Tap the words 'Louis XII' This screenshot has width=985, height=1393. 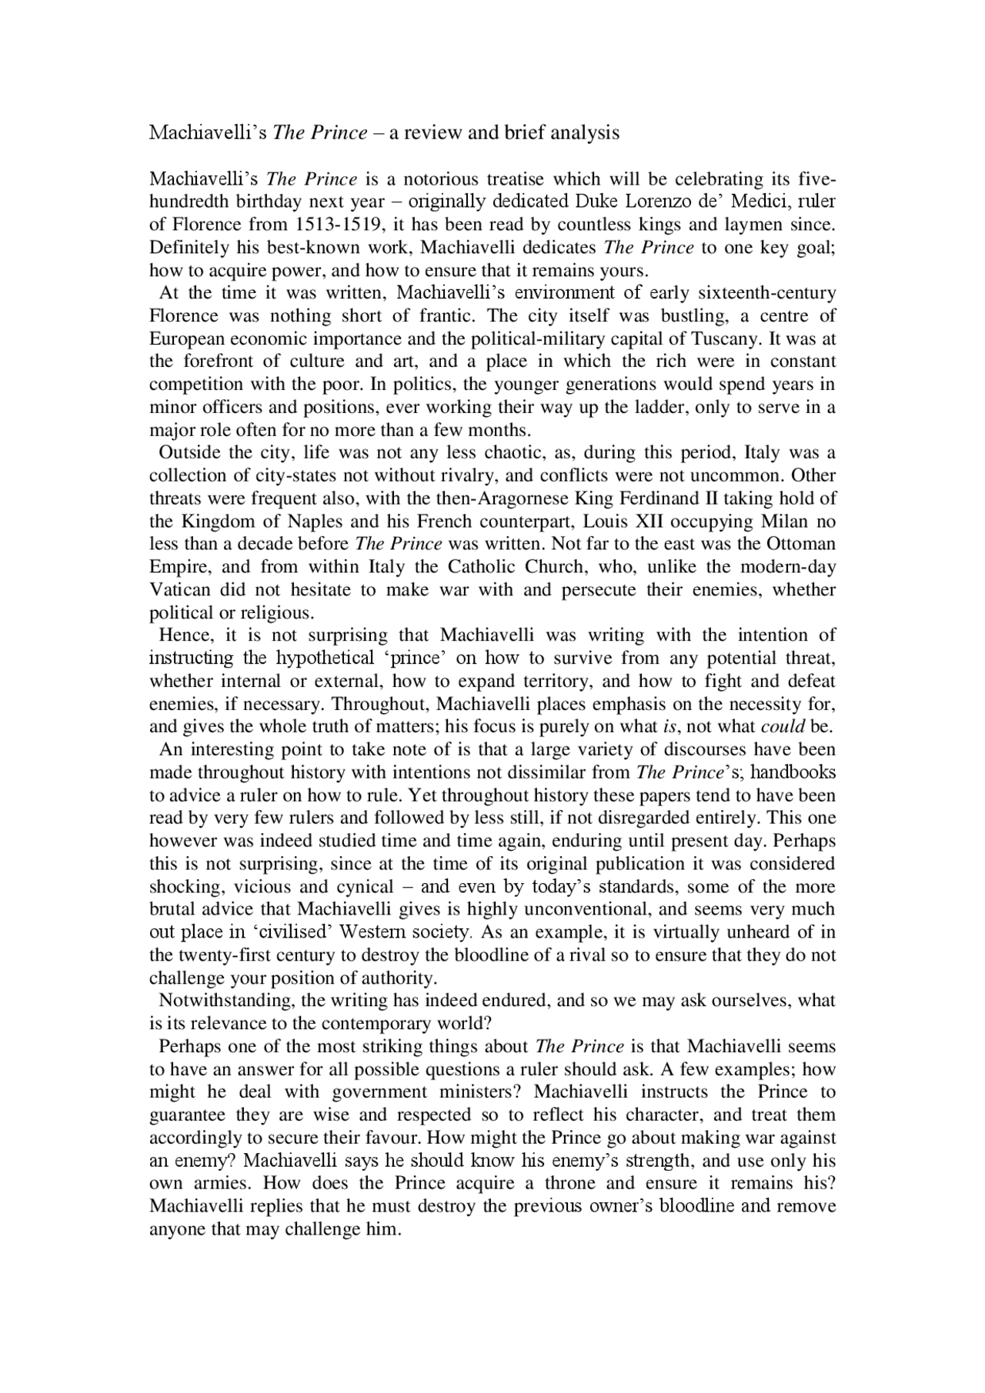click(x=619, y=522)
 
